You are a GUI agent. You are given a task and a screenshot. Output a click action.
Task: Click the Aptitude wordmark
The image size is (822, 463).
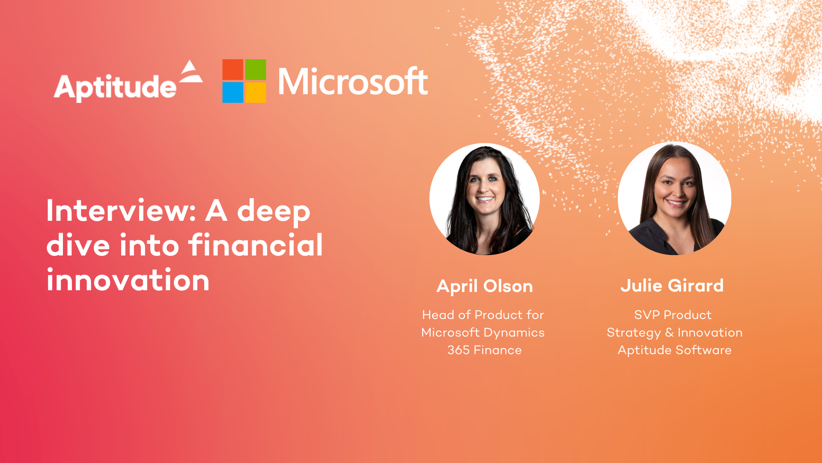115,87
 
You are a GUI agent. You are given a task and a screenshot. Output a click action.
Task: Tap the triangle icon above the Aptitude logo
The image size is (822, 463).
191,72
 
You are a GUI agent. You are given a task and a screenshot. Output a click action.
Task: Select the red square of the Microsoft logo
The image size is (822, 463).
232,69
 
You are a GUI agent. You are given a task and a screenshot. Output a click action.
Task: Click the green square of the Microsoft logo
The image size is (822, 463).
256,69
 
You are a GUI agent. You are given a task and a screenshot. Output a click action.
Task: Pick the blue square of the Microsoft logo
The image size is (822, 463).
232,93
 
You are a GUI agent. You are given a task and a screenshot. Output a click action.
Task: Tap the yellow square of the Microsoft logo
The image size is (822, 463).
256,93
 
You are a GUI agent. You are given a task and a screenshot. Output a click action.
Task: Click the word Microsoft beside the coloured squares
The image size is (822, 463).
353,81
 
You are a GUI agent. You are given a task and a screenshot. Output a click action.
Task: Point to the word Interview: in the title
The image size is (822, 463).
121,210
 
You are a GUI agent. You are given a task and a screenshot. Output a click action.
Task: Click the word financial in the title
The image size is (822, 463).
255,245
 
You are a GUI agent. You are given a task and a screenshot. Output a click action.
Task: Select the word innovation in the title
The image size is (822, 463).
128,280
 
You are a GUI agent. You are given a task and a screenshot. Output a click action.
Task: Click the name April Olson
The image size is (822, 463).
485,286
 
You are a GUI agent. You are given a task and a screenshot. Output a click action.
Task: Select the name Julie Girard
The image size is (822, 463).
672,286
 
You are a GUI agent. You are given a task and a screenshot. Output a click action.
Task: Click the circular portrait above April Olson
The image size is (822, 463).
485,199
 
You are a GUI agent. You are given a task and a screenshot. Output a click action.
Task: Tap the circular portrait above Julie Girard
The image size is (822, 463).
674,198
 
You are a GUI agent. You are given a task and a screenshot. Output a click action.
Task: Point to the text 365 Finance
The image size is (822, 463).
485,350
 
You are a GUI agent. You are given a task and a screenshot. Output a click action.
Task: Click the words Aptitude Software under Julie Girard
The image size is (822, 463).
674,350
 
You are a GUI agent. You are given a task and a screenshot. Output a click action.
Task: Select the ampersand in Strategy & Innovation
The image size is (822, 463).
670,332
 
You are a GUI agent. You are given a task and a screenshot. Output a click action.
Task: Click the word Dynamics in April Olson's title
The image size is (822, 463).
514,333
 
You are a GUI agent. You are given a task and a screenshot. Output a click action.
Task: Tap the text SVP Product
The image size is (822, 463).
673,315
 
